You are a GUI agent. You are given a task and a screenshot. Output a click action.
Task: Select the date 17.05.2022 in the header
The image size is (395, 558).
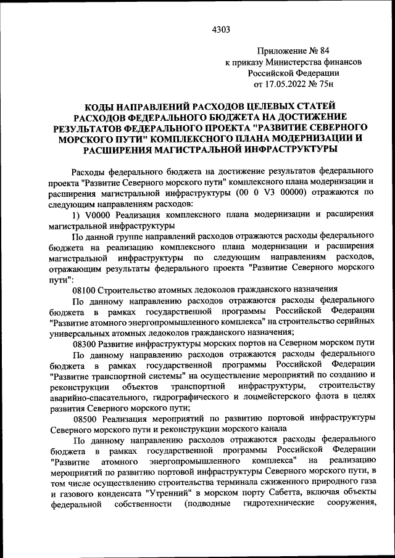pos(288,84)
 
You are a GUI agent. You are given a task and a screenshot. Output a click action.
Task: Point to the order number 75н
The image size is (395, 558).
pos(331,84)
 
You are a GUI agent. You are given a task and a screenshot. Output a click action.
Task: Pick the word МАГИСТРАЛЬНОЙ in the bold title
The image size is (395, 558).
pos(207,148)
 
